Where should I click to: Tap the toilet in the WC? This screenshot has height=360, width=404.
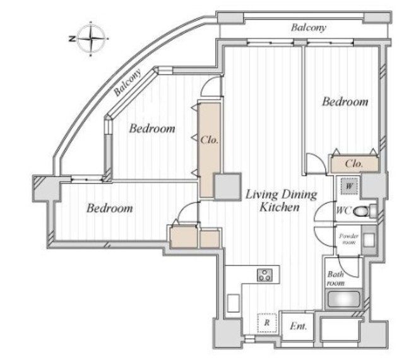coord(364,211)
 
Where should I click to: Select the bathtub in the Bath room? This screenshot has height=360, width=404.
coord(343,299)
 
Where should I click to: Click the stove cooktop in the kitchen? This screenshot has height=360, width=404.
coord(265,275)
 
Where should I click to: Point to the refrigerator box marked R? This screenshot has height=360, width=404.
coord(267,323)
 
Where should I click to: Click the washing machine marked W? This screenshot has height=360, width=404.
coord(349,186)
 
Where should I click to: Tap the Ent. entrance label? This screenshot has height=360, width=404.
coord(299,327)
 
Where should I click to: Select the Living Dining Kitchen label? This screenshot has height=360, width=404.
coord(280,200)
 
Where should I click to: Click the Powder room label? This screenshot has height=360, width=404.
coord(348,239)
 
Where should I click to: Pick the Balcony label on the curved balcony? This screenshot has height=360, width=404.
coord(128,83)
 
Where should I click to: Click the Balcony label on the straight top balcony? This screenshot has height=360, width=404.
coord(309,28)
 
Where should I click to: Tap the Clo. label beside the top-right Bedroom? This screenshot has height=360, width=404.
coord(354,163)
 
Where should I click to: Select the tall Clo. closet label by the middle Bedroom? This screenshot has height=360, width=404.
coord(210,140)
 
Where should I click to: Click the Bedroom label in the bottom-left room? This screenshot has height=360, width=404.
coord(110,208)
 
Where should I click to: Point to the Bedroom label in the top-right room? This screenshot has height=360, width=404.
coord(345,102)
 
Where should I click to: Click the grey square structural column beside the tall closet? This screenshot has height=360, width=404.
coord(228,187)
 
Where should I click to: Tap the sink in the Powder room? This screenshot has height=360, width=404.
coord(369,240)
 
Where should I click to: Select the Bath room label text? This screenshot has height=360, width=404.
coord(336,279)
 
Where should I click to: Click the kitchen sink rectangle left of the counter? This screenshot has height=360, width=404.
coord(234,303)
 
